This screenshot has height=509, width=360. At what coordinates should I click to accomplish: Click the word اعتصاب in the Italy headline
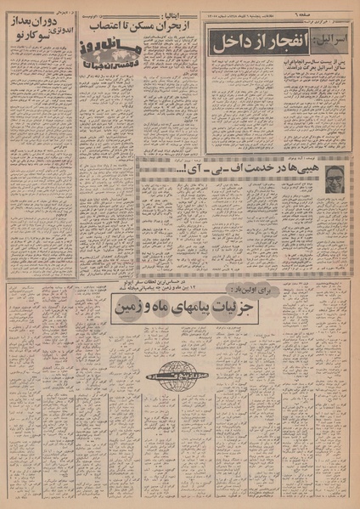click(x=106, y=26)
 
